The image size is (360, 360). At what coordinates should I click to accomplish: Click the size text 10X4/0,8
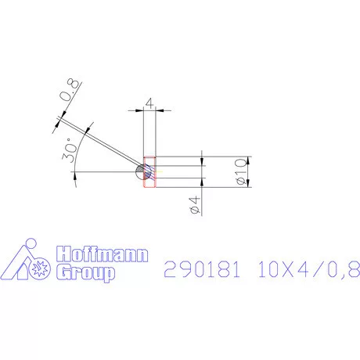coord(308,269)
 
